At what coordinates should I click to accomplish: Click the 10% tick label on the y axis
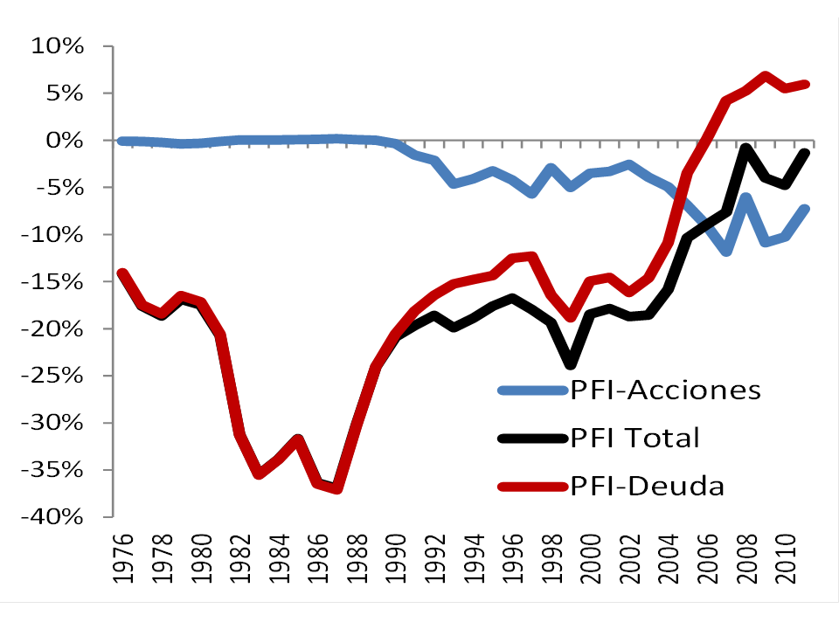[x=56, y=46]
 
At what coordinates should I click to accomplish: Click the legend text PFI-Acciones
[x=665, y=390]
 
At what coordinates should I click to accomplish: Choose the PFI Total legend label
[x=635, y=437]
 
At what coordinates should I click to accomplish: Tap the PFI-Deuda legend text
[x=648, y=485]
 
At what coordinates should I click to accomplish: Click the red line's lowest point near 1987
[x=336, y=488]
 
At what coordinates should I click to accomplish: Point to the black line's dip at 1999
[x=572, y=363]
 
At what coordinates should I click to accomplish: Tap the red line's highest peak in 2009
[x=765, y=76]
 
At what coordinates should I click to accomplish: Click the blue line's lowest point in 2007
[x=726, y=251]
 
